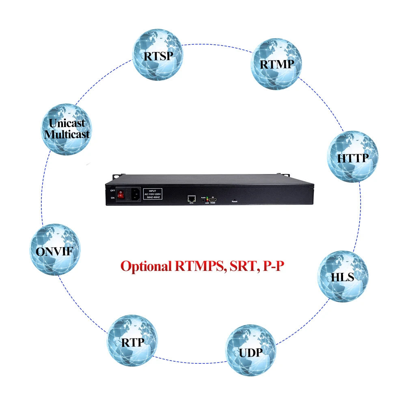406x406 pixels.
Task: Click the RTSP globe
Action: tap(158, 54)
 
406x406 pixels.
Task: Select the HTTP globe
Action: tap(353, 156)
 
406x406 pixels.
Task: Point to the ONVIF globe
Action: tap(55, 250)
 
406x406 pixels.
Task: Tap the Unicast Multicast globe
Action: tap(67, 129)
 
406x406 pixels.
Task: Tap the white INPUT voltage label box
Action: tap(153, 194)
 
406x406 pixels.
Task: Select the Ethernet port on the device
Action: tap(191, 199)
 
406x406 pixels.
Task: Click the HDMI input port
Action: tap(213, 200)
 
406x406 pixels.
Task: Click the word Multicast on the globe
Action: tap(67, 134)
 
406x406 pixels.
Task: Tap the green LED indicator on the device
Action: tap(207, 197)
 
